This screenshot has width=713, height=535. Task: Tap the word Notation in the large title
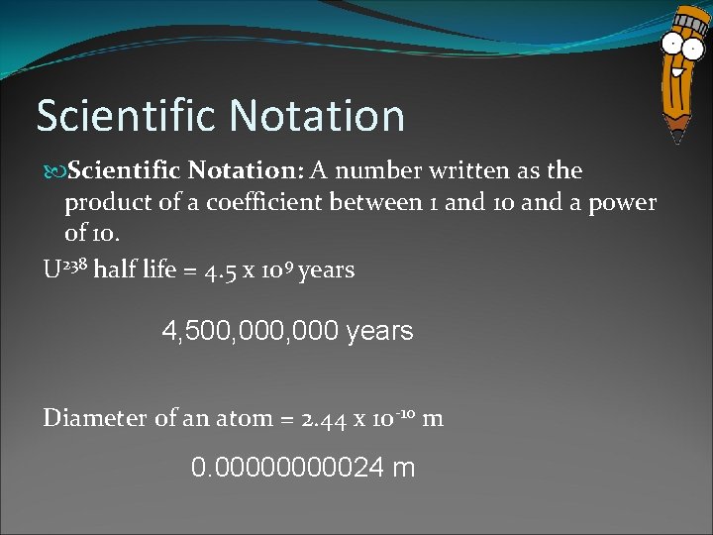tap(317, 115)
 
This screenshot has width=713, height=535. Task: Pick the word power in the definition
tap(622, 202)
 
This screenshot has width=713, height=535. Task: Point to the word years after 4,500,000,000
tap(380, 332)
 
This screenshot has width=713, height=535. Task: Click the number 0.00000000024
tap(286, 467)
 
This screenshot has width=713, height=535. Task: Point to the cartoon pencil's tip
tap(677, 137)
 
